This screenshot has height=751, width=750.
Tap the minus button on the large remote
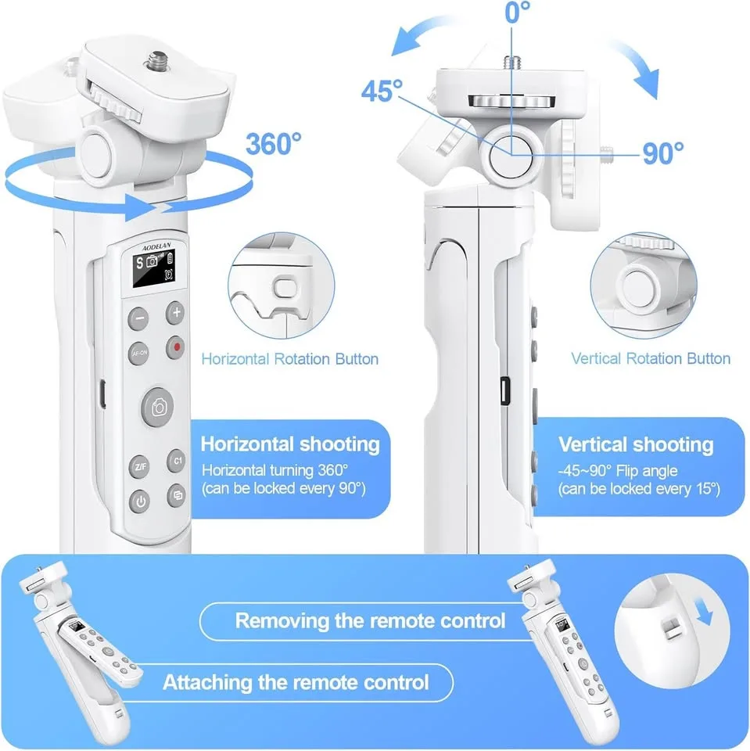138,318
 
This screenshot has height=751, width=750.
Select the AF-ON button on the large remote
138,353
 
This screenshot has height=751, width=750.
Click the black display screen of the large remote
154,270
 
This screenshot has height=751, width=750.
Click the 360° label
273,143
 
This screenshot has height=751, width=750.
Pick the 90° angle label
663,153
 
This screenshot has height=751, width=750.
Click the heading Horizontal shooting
290,445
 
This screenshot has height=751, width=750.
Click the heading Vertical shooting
635,445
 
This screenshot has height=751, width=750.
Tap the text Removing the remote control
370,621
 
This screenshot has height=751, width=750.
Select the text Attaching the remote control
296,682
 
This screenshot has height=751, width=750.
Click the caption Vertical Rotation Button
650,359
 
